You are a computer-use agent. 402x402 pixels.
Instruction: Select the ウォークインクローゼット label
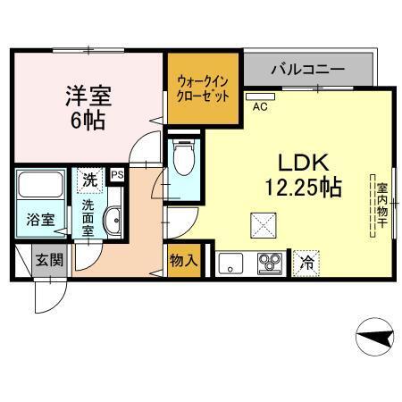(x=203, y=88)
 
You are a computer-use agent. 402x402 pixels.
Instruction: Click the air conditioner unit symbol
(x=262, y=94)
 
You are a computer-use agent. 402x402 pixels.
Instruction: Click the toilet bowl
(x=183, y=161)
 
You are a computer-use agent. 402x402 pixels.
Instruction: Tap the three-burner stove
(x=270, y=263)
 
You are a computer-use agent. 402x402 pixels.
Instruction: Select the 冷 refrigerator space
(x=306, y=263)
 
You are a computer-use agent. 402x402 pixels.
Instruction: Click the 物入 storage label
(x=185, y=263)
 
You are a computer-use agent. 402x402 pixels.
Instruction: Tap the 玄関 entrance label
(x=50, y=261)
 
